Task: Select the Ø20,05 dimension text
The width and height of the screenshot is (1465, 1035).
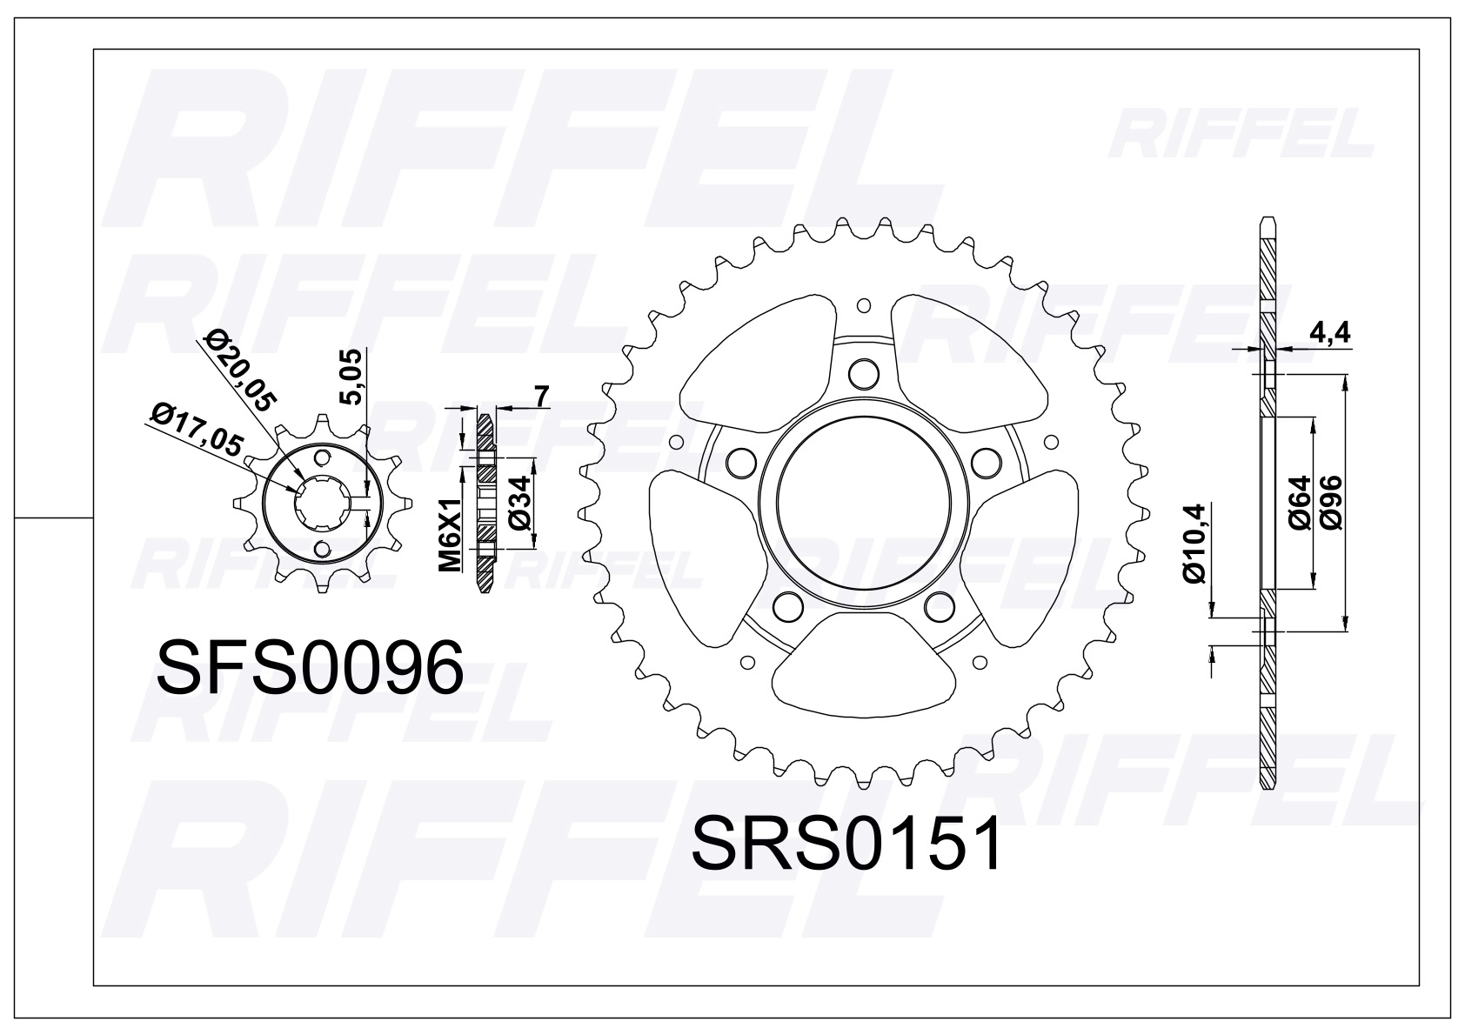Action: coord(238,371)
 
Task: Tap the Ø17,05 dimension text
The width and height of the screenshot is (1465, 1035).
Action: coord(197,427)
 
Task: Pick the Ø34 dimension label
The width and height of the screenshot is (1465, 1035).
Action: coord(518,504)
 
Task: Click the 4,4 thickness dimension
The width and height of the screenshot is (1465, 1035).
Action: coord(1328,333)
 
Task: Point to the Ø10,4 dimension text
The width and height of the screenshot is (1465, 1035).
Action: coord(1194,544)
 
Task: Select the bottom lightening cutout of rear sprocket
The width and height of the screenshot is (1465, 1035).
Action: coord(860,665)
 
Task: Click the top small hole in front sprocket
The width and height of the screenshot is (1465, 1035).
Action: coord(323,458)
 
